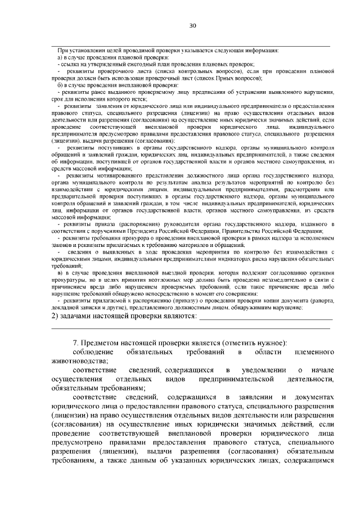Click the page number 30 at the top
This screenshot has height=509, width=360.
192,26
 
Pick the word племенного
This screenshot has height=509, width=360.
310,352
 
